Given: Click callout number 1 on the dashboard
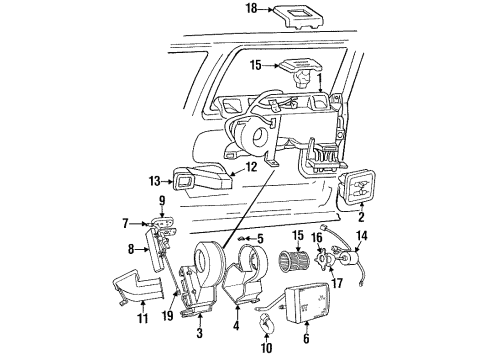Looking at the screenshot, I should coord(319,76).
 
